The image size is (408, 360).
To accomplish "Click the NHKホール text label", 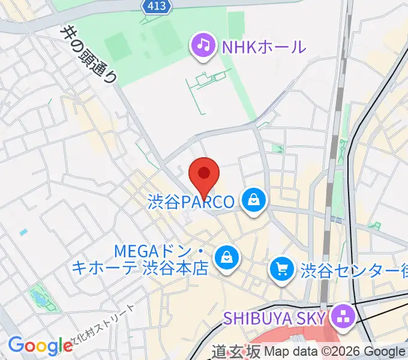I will coord(264,46).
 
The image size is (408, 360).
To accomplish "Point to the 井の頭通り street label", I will coord(89,53).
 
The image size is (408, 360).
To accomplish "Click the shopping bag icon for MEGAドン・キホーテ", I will coord(227,258).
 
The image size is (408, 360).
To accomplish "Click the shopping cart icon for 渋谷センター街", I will coord(282,268).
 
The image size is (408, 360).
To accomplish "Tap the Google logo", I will coord(40,346).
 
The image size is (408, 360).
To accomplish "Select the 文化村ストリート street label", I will coord(105,327).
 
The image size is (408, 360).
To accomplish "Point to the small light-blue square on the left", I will coord(23,232).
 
